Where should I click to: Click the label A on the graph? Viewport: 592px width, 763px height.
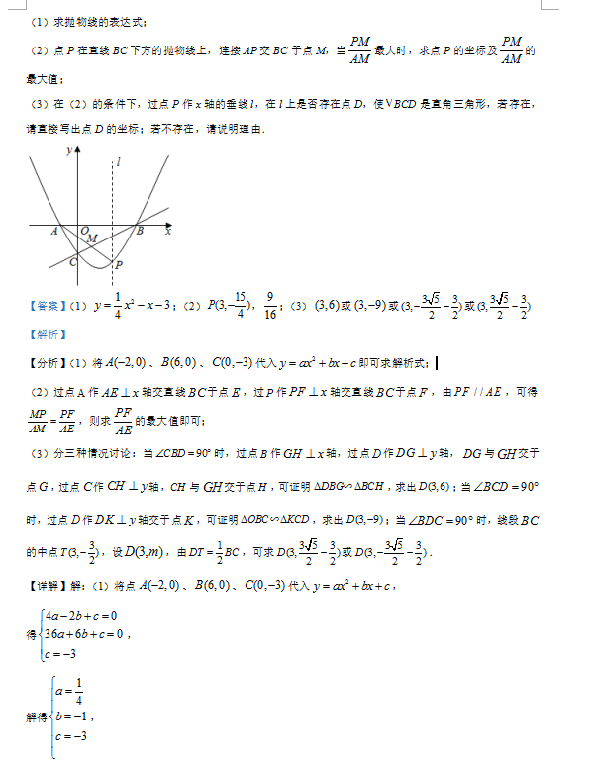coord(53,231)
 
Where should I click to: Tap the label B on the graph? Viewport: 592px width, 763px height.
coord(140,231)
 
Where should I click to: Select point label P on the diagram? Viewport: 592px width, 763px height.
coord(118,265)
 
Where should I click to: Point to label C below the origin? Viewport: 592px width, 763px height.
coord(72,262)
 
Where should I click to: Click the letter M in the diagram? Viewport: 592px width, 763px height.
coord(91,238)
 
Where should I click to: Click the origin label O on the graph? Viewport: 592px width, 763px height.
coord(84,229)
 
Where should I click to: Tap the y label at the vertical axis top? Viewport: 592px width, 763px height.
coord(68,151)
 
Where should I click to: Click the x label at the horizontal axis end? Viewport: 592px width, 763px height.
coord(168,231)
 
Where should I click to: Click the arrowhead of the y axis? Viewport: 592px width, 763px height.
coord(78,149)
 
